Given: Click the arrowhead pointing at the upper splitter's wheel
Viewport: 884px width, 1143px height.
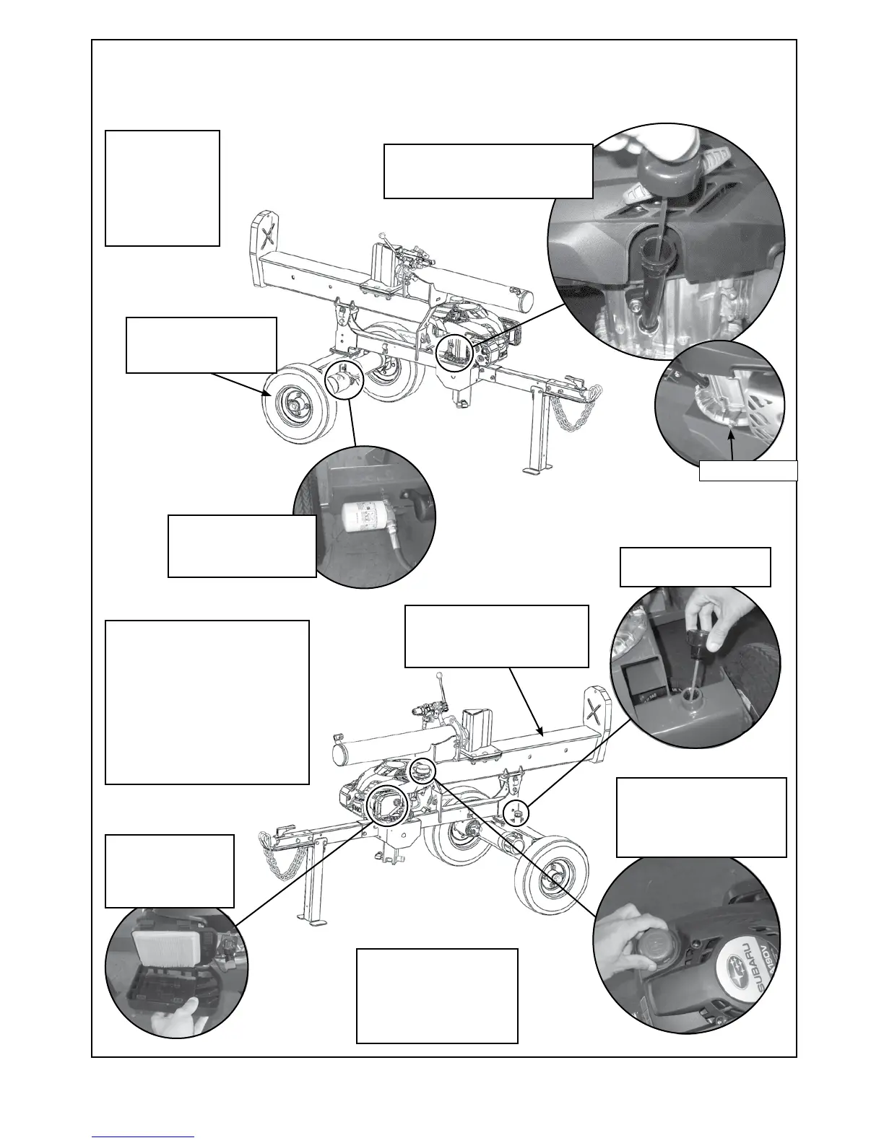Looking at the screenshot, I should [x=266, y=394].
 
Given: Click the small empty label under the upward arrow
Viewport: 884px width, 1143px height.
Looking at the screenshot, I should [x=747, y=470].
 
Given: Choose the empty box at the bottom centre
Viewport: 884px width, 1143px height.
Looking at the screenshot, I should [x=437, y=996].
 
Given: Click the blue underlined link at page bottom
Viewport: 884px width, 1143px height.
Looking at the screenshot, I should [x=143, y=1137].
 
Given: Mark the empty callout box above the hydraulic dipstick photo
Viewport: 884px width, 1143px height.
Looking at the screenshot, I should [x=695, y=567].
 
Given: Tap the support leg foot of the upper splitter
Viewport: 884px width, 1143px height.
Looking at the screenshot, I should [x=533, y=470].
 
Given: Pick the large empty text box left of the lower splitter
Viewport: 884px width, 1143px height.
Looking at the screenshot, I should [x=207, y=701].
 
